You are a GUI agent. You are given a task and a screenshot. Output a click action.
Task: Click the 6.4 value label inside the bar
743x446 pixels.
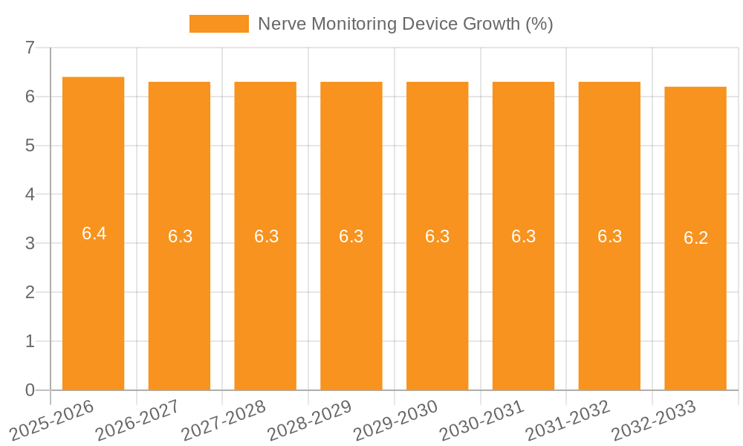click(x=94, y=233)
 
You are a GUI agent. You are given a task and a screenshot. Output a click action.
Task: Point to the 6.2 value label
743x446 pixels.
click(x=695, y=239)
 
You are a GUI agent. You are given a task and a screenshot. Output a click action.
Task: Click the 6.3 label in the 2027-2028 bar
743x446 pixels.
click(x=266, y=236)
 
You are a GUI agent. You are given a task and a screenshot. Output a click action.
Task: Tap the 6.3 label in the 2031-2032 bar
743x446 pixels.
click(x=609, y=236)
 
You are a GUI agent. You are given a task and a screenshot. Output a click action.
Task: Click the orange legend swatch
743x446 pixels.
click(x=219, y=24)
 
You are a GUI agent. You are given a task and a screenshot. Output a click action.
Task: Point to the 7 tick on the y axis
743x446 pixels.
click(x=30, y=48)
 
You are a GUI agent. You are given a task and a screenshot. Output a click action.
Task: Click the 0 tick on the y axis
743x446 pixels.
click(x=30, y=390)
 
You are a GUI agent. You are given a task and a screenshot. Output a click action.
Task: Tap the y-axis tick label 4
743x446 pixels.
click(x=30, y=195)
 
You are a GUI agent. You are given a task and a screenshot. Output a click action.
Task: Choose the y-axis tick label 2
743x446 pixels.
click(x=30, y=292)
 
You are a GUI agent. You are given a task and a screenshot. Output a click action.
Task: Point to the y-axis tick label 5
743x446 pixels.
click(x=30, y=146)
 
